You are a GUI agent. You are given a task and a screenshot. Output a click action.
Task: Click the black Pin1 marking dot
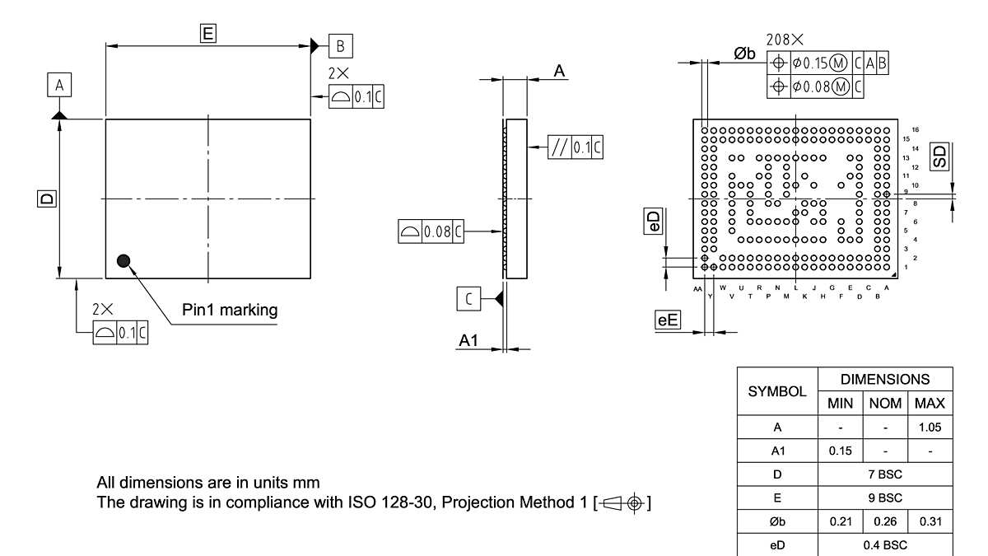[124, 261]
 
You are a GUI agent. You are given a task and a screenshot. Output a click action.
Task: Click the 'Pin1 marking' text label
[230, 311]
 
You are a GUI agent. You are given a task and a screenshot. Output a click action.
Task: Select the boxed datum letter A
[58, 84]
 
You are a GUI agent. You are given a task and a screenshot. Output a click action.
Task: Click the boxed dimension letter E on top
[207, 33]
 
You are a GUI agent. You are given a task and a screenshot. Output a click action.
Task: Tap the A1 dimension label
[468, 340]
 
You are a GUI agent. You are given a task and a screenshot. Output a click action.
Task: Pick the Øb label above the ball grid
[744, 54]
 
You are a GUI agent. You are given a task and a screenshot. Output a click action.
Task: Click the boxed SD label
[939, 156]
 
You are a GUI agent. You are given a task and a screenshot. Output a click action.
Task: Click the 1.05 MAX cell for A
[930, 428]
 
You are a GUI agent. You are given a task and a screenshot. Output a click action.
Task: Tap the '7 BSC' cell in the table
[885, 474]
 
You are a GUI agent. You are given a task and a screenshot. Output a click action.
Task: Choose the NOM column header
[885, 404]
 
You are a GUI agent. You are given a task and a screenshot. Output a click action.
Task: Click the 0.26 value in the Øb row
[885, 521]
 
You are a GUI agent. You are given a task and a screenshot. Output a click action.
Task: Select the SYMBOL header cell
[777, 392]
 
